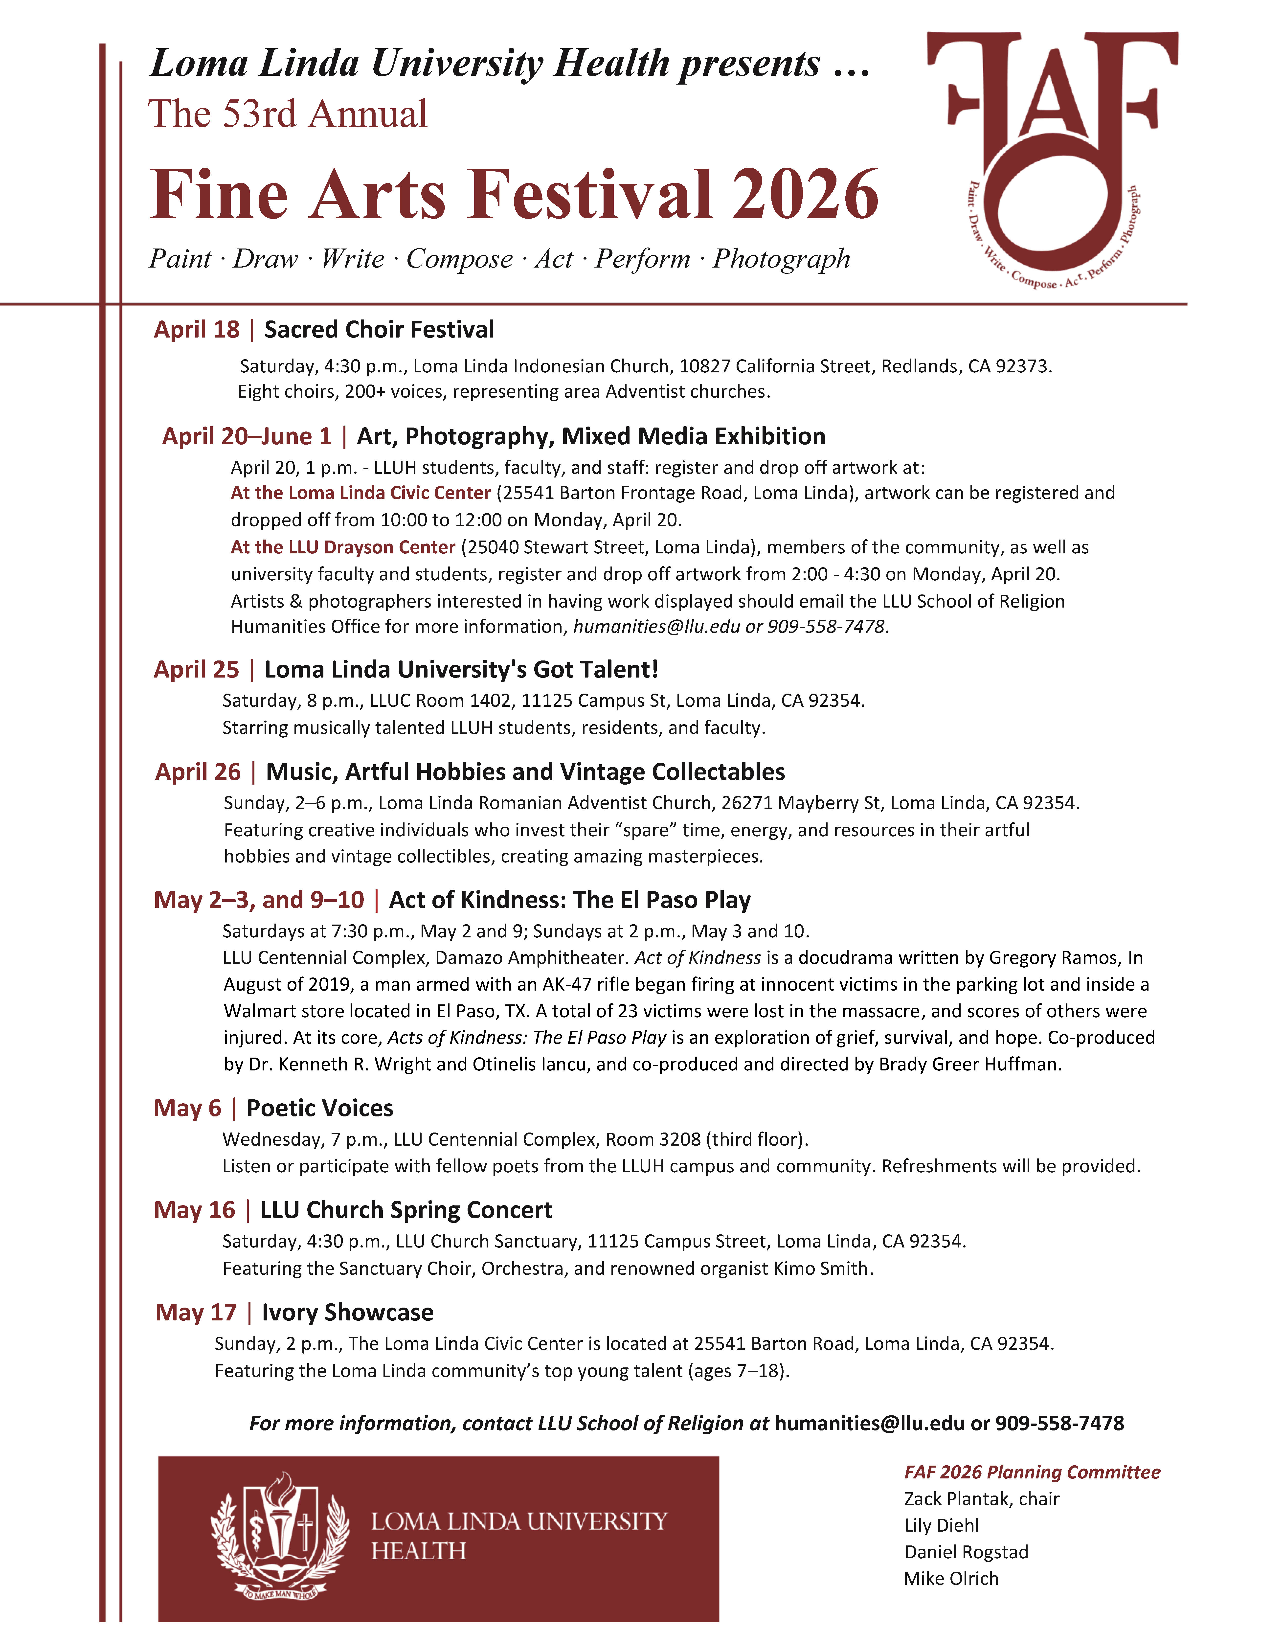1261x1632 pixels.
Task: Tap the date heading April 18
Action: [x=197, y=330]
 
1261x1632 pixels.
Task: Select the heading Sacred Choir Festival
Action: [x=379, y=330]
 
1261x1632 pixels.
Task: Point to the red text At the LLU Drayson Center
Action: [x=343, y=547]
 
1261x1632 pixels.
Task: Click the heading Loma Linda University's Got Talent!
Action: [x=461, y=670]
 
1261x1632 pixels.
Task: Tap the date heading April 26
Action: [x=198, y=772]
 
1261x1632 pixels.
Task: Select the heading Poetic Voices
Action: [x=320, y=1108]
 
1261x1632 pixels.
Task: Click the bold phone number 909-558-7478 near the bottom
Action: [x=1059, y=1424]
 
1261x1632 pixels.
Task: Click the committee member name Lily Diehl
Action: [x=941, y=1525]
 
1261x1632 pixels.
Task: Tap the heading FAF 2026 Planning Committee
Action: [x=1032, y=1472]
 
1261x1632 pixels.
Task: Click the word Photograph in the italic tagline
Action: [x=781, y=259]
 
